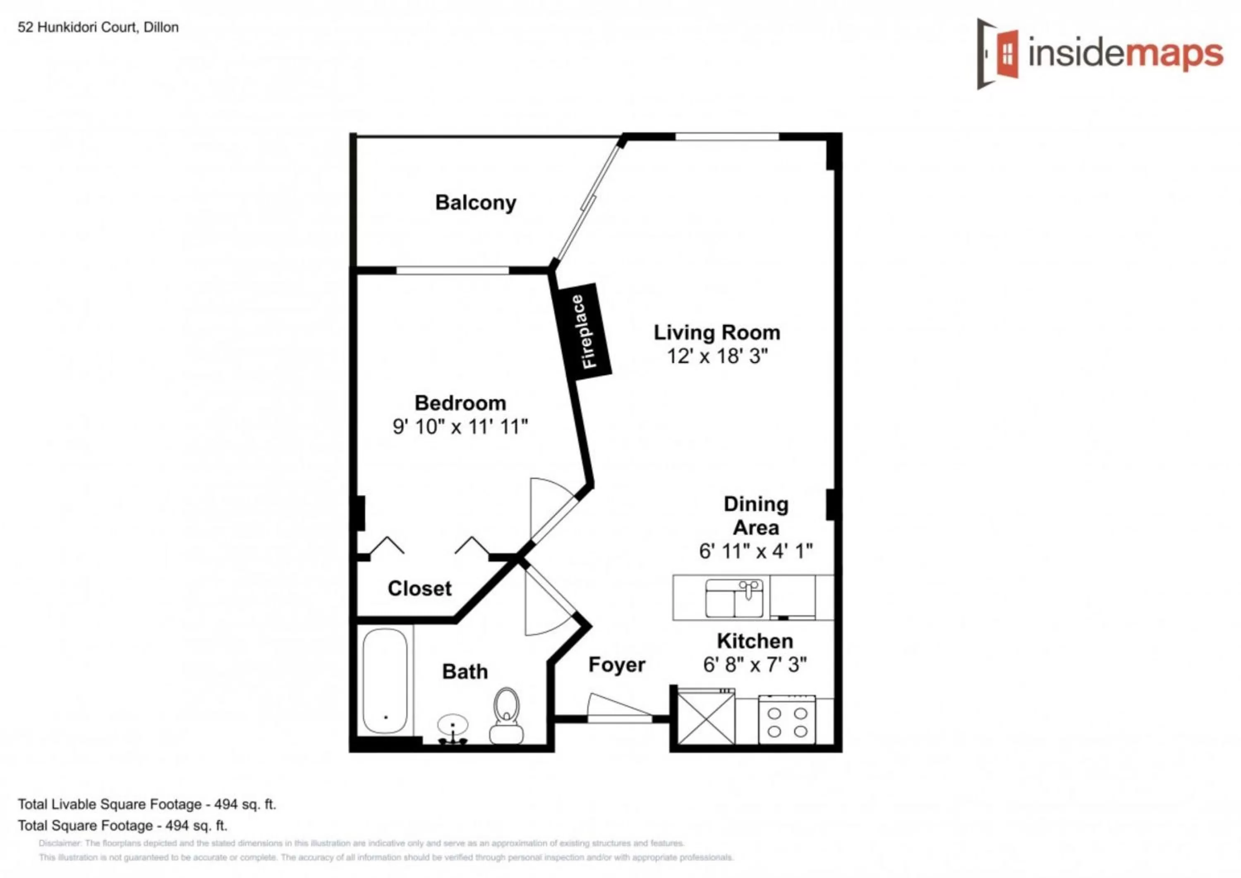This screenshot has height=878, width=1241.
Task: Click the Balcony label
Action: pyautogui.click(x=476, y=203)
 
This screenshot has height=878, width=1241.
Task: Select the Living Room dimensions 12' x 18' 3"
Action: pyautogui.click(x=717, y=356)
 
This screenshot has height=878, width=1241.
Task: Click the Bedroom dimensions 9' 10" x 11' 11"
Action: pyautogui.click(x=460, y=427)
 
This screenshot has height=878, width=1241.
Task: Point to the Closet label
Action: pyautogui.click(x=419, y=588)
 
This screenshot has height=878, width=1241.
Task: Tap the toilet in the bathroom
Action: pyautogui.click(x=506, y=714)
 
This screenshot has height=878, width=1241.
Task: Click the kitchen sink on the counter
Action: pyautogui.click(x=734, y=598)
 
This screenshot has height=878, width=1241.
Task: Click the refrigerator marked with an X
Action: pyautogui.click(x=706, y=719)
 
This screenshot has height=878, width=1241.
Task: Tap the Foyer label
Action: pyautogui.click(x=617, y=664)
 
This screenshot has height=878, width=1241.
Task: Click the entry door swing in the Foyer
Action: pyautogui.click(x=617, y=707)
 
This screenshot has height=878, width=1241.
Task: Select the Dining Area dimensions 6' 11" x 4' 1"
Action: pyautogui.click(x=756, y=551)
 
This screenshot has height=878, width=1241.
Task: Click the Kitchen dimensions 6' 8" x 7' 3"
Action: pyautogui.click(x=755, y=664)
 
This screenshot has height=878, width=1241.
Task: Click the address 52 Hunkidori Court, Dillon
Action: pyautogui.click(x=98, y=27)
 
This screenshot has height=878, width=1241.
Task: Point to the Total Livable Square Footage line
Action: pyautogui.click(x=146, y=804)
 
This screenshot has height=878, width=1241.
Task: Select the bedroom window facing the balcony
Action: pyautogui.click(x=452, y=270)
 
